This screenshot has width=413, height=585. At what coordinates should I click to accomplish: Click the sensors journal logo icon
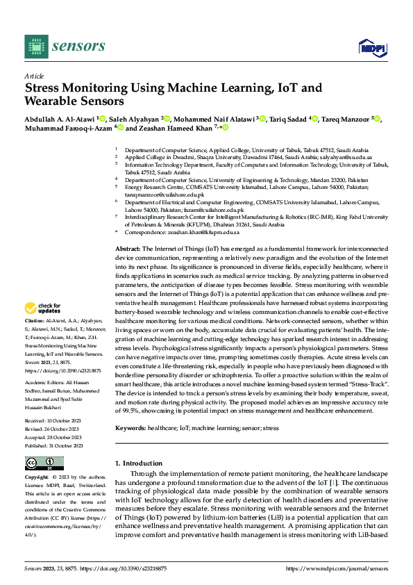[x=37, y=46]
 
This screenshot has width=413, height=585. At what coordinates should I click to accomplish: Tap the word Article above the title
[x=34, y=76]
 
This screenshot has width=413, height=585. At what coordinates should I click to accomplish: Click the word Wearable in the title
[x=55, y=101]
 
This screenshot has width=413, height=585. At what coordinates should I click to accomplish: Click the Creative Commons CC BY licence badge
[x=44, y=463]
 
